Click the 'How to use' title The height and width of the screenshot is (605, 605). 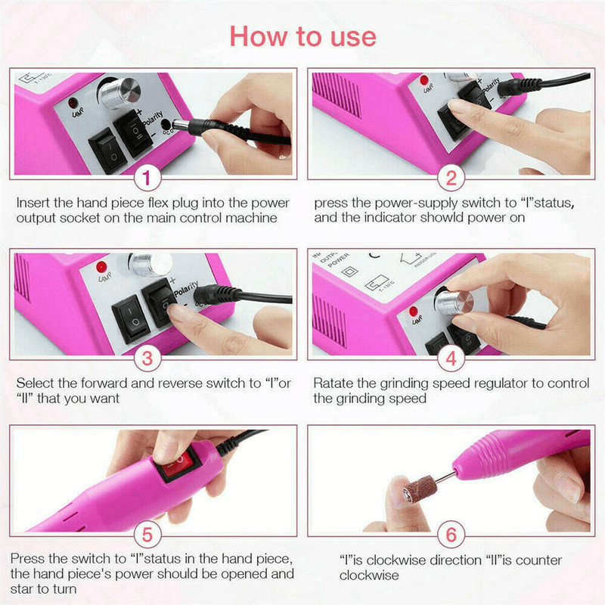click(x=302, y=36)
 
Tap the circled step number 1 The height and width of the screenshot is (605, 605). click(x=147, y=179)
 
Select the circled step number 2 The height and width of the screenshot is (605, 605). click(x=451, y=179)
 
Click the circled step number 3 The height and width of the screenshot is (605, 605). click(x=147, y=356)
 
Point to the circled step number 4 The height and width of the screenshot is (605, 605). click(x=451, y=356)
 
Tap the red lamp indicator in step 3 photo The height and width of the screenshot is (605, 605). click(x=99, y=268)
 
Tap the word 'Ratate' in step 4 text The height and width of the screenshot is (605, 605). click(x=334, y=383)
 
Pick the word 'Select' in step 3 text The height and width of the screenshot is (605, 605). click(x=34, y=383)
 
